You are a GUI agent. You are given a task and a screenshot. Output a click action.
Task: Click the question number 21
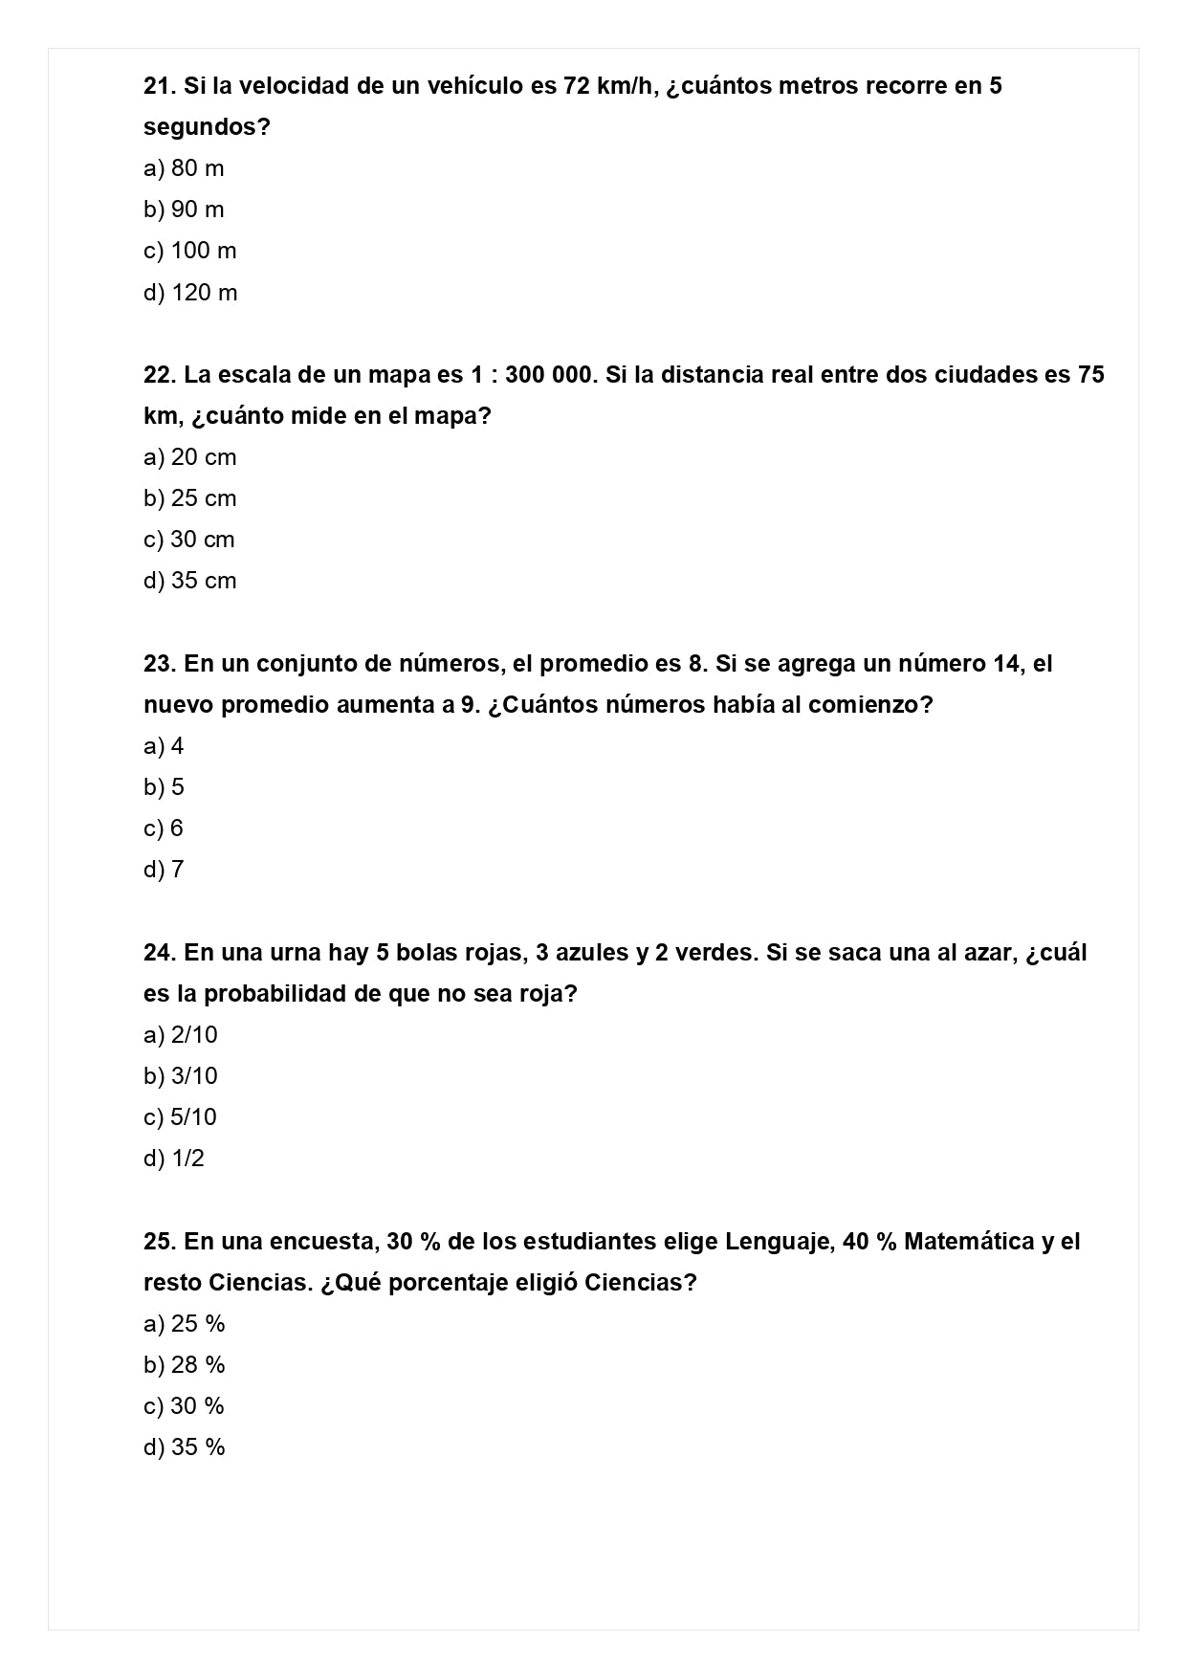tap(160, 86)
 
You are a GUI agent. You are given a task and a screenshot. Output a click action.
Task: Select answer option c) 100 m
tap(189, 251)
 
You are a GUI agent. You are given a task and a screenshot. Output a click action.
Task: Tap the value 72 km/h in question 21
tap(606, 86)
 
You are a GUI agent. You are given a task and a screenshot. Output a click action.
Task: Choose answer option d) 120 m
tap(190, 293)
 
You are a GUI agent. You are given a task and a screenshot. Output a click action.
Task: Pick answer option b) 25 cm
tap(189, 498)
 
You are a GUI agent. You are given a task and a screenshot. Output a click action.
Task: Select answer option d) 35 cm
tap(189, 581)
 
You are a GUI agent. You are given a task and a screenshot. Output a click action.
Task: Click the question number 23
tap(160, 664)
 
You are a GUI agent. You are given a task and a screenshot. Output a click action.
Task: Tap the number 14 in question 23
tap(1005, 664)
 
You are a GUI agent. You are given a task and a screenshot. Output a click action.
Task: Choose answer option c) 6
tap(164, 828)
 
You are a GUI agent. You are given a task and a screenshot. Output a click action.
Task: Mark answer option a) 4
tap(164, 746)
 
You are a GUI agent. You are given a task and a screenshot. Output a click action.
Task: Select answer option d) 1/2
tap(174, 1159)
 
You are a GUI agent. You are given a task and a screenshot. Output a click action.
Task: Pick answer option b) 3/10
tap(181, 1076)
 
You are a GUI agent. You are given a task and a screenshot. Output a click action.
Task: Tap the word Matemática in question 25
tap(968, 1242)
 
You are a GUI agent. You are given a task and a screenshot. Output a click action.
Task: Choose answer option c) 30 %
tap(184, 1406)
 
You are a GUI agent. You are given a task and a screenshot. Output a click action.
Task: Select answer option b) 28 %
tap(185, 1365)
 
